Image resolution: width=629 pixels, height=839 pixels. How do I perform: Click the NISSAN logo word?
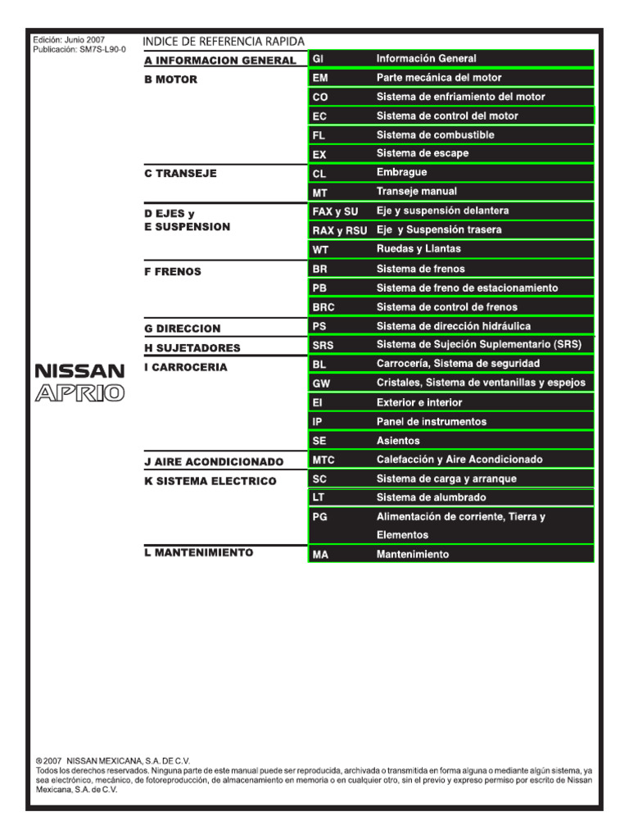tap(79, 371)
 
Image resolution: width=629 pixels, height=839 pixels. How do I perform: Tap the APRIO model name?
tap(79, 393)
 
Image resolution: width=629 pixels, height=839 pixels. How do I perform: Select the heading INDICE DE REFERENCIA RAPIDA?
tap(224, 41)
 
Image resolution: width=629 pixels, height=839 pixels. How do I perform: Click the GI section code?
tap(319, 59)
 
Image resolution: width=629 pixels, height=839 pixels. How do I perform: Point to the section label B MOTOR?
tap(170, 80)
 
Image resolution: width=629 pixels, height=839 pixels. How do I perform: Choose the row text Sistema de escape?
tap(423, 153)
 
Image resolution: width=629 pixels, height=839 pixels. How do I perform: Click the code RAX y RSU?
tap(339, 231)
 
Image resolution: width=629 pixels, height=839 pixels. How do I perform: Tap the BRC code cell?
tap(324, 307)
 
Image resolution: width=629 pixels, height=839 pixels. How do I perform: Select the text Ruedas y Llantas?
tap(419, 248)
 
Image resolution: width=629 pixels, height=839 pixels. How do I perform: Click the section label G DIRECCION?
tap(182, 329)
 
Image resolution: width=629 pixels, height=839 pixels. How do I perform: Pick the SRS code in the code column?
tap(323, 345)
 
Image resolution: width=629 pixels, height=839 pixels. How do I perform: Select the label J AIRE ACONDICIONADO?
tap(213, 462)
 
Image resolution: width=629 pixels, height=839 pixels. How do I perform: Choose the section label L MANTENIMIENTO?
tap(198, 553)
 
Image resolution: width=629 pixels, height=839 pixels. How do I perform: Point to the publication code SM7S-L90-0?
tap(102, 49)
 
